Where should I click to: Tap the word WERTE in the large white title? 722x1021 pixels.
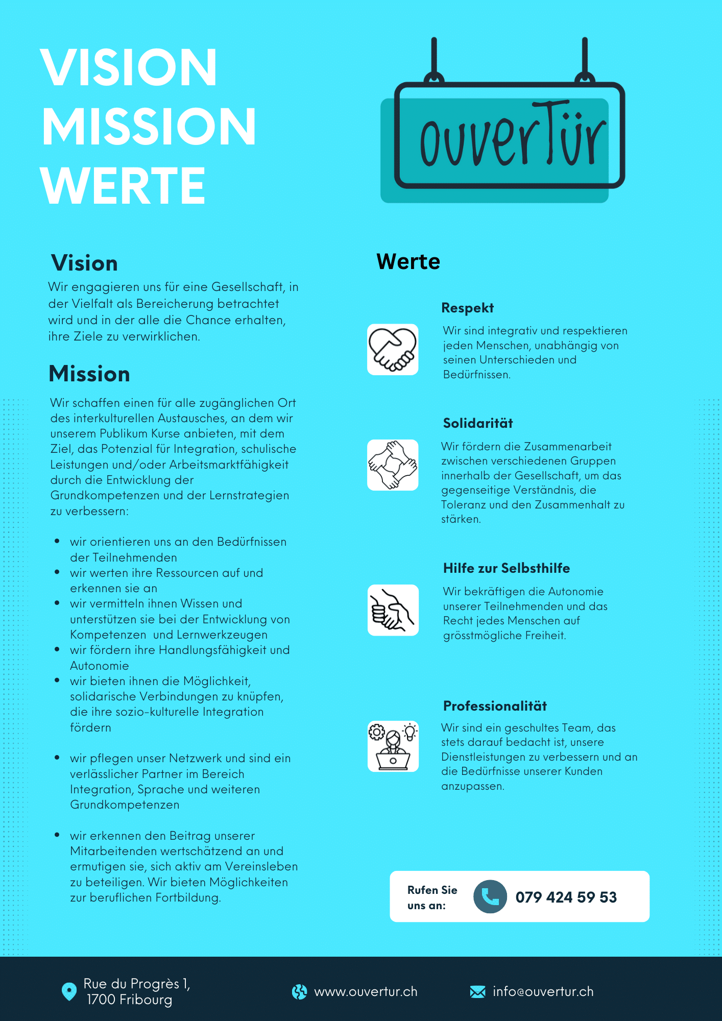[x=123, y=186]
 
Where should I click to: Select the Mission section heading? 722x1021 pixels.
[x=89, y=374]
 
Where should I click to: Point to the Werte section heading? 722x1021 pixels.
[x=408, y=261]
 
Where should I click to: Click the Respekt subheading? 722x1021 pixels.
[x=467, y=308]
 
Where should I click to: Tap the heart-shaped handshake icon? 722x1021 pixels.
[x=393, y=350]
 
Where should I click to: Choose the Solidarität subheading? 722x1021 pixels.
[x=478, y=423]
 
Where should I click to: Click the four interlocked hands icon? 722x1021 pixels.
[x=393, y=465]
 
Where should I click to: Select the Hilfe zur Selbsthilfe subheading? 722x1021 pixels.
[x=506, y=568]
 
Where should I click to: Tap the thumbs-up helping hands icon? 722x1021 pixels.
[x=393, y=610]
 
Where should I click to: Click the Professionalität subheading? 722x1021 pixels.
[x=495, y=706]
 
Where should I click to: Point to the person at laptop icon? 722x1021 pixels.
[x=393, y=746]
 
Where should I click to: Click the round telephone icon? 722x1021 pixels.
[x=490, y=896]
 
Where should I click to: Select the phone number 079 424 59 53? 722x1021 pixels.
[x=566, y=897]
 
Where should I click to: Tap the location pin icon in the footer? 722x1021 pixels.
[x=69, y=991]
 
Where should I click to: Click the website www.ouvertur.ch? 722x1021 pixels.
[x=366, y=991]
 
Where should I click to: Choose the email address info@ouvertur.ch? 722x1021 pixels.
[x=543, y=991]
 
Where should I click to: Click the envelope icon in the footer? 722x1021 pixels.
[x=477, y=991]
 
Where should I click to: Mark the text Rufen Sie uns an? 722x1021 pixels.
[x=432, y=897]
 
